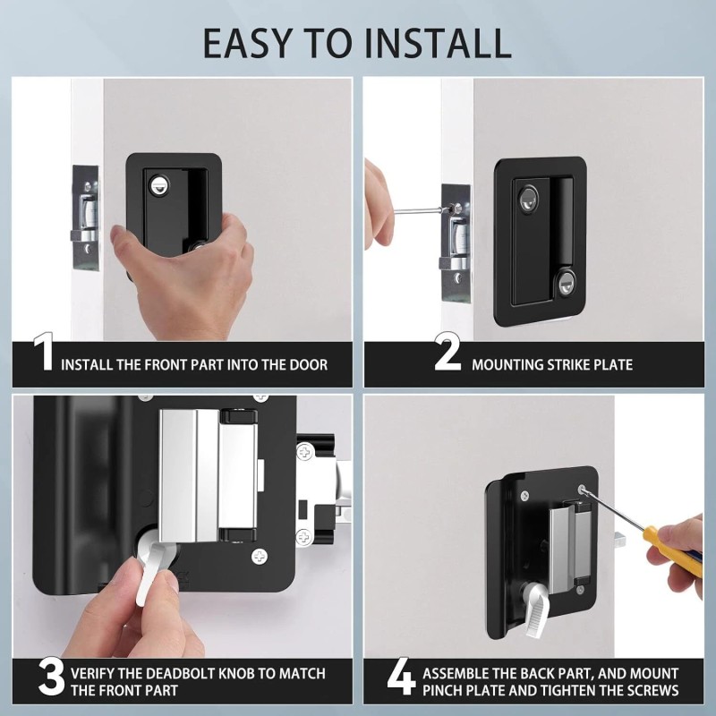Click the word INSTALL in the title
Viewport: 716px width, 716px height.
point(438,43)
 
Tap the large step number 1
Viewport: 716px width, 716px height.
point(44,352)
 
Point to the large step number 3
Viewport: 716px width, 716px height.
point(51,678)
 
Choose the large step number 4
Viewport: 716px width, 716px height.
point(401,677)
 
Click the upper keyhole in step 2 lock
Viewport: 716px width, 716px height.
point(529,199)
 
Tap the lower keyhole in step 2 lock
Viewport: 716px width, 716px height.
point(566,283)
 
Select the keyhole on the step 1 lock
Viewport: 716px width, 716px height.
point(158,185)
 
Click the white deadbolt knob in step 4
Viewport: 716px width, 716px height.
point(537,610)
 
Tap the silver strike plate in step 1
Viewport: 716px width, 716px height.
point(85,217)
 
